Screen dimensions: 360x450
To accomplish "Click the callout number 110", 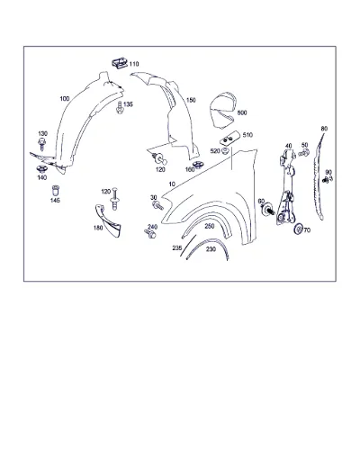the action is pyautogui.click(x=134, y=64).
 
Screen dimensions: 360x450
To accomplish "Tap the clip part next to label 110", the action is pyautogui.click(x=120, y=63).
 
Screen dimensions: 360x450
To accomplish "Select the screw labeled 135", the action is pyautogui.click(x=120, y=108).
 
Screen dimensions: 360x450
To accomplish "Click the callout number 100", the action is pyautogui.click(x=65, y=99).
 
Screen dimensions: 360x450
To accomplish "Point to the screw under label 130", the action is pyautogui.click(x=42, y=144).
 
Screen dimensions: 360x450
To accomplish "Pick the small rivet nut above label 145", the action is pyautogui.click(x=56, y=190).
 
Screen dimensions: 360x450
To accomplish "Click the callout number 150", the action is pyautogui.click(x=191, y=100).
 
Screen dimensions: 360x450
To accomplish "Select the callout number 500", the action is pyautogui.click(x=242, y=112).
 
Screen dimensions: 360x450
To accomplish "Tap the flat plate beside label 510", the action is pyautogui.click(x=229, y=139).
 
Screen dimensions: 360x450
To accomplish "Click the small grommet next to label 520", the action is pyautogui.click(x=226, y=150).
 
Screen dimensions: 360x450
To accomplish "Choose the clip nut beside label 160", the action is pyautogui.click(x=197, y=165).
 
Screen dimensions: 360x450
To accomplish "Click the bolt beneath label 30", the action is pyautogui.click(x=157, y=206).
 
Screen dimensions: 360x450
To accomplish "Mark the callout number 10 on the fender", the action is pyautogui.click(x=172, y=184).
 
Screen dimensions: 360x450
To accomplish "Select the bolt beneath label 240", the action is pyautogui.click(x=150, y=233).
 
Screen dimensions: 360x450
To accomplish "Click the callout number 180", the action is pyautogui.click(x=98, y=228).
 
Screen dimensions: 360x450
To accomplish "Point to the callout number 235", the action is pyautogui.click(x=177, y=248).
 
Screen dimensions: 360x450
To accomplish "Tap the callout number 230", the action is pyautogui.click(x=211, y=249).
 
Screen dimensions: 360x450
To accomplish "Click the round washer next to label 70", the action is pyautogui.click(x=298, y=229).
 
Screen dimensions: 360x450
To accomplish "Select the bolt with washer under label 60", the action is pyautogui.click(x=267, y=209).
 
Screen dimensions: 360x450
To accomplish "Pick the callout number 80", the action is pyautogui.click(x=324, y=129).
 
